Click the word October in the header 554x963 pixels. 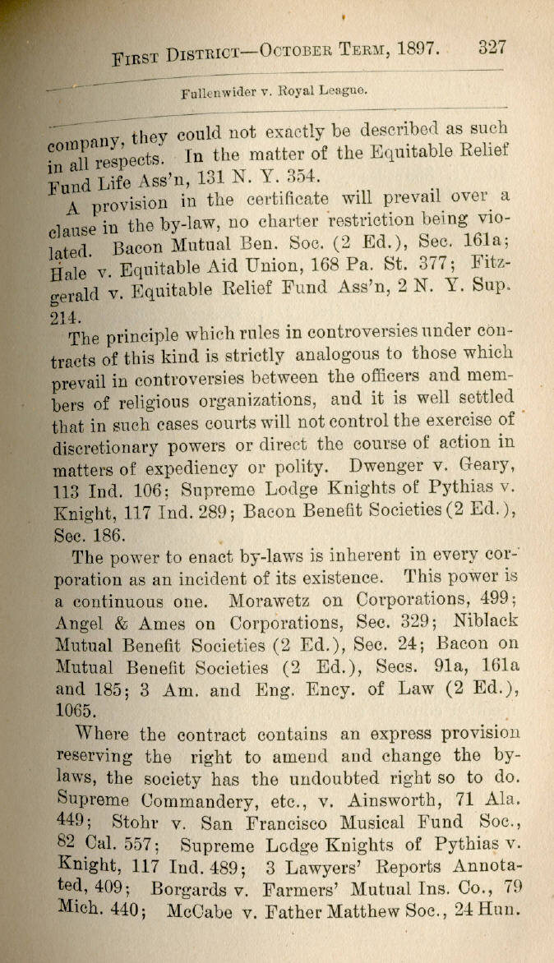299,53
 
